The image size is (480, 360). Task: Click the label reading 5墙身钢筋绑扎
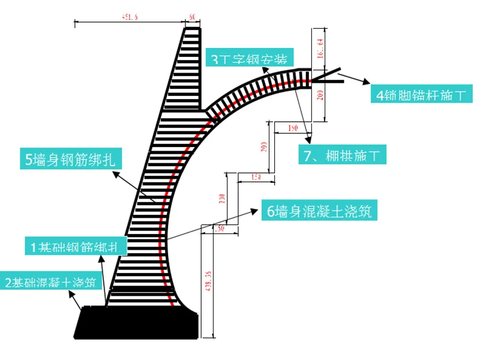[x=71, y=160]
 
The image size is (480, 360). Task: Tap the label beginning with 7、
[x=342, y=156]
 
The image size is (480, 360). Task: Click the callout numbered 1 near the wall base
[x=75, y=246]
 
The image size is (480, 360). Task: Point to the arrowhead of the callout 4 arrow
[x=367, y=86]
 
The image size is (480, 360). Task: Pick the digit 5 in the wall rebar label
[x=29, y=160]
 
